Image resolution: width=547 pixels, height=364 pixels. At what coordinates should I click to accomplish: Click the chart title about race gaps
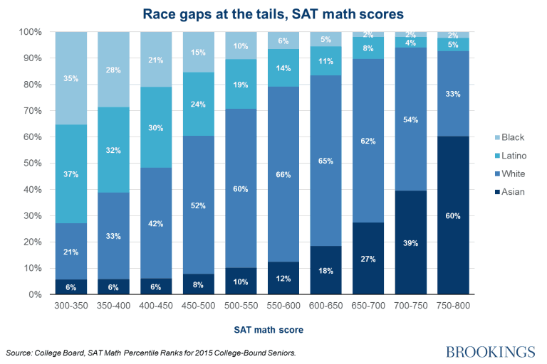coord(273,13)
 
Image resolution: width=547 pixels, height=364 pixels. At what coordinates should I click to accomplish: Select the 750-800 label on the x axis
coord(454,304)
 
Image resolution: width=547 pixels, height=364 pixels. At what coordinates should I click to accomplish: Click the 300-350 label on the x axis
coord(71,304)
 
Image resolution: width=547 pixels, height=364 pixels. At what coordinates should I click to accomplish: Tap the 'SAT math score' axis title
coord(269,330)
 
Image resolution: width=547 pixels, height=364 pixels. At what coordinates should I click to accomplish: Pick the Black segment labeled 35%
coord(71,78)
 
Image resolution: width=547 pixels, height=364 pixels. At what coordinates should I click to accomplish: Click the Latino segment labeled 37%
coord(71,174)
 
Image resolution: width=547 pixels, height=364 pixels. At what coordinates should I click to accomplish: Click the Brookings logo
coord(490,352)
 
